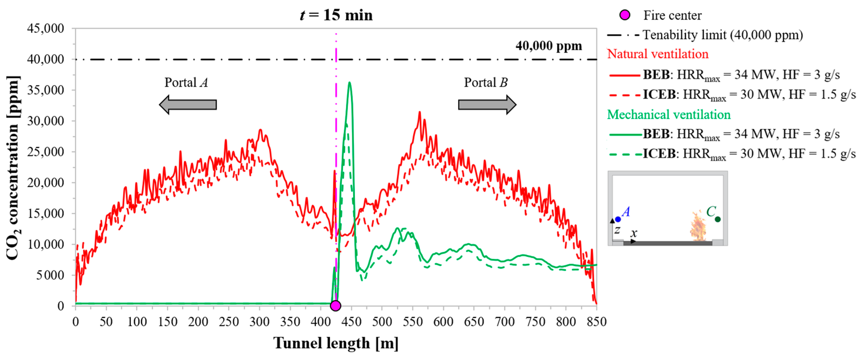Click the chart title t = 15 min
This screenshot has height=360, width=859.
336,15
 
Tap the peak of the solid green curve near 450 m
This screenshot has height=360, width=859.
349,83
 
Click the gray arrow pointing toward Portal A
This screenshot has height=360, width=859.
188,104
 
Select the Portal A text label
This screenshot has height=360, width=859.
186,82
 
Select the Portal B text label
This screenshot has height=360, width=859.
486,82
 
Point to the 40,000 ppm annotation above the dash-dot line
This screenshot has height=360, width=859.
548,46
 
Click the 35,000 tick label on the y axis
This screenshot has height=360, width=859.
46,90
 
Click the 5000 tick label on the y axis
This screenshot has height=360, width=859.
50,275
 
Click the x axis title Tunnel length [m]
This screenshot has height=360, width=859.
336,343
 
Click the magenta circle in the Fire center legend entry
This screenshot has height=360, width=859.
625,15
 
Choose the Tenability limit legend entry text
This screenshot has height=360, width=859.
722,35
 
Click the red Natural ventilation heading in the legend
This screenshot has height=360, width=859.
658,54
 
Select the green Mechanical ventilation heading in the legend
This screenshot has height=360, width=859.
669,114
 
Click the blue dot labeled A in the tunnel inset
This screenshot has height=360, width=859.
618,219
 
